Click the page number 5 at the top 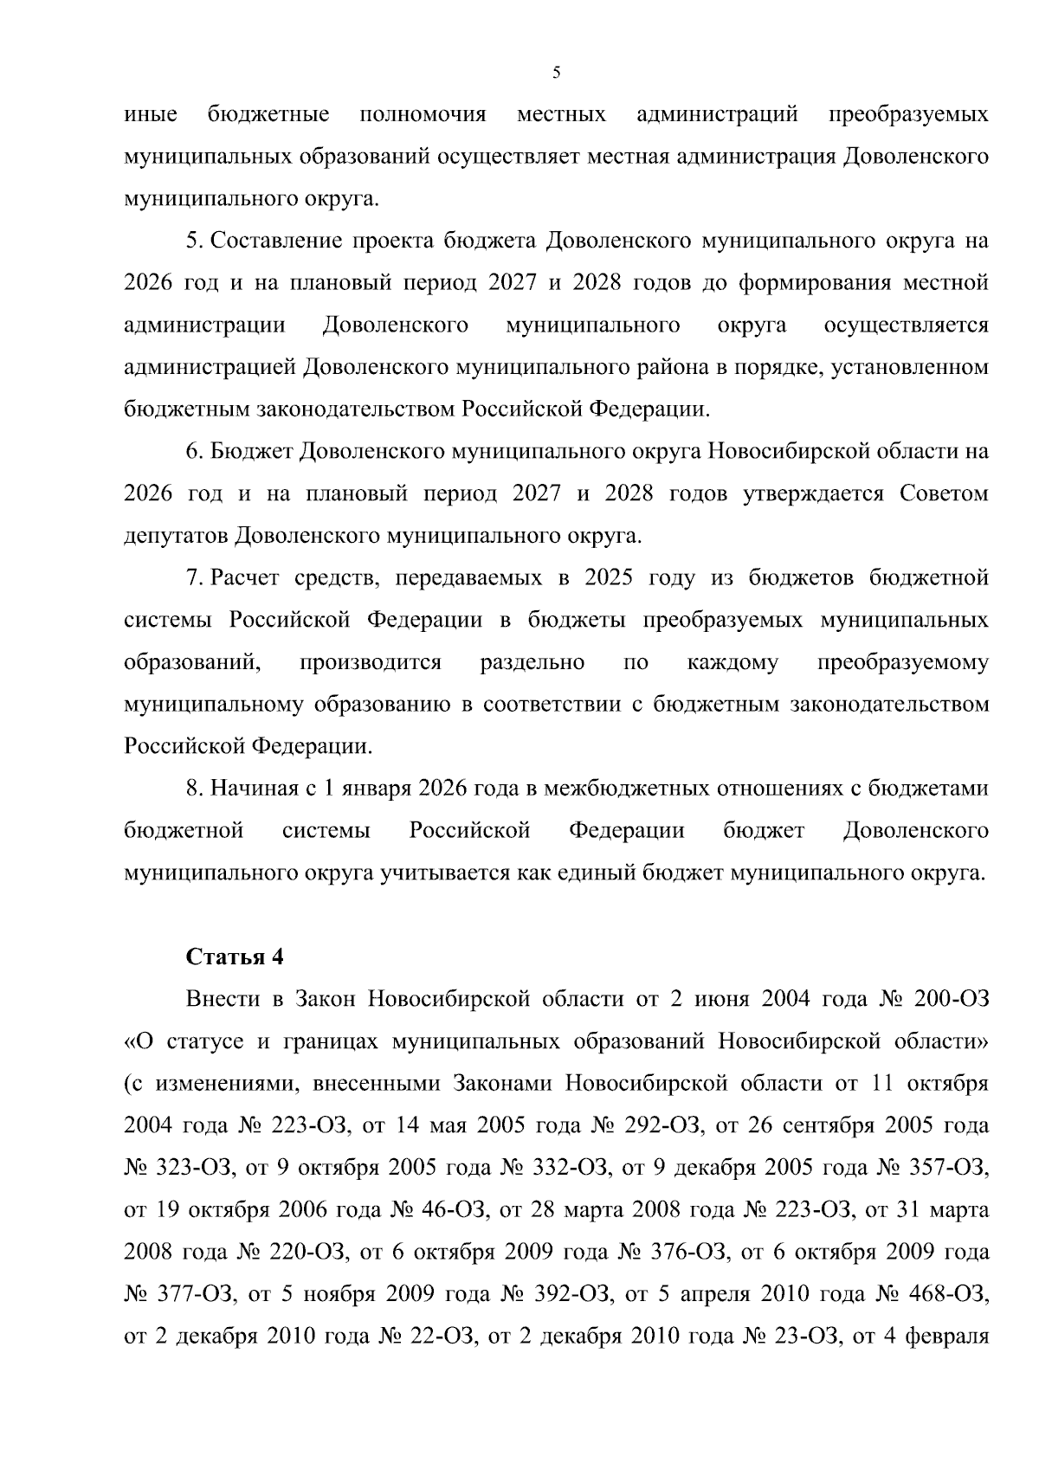[557, 73]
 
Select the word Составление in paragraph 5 [274, 242]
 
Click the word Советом [945, 493]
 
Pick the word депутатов [176, 536]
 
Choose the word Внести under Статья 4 [223, 999]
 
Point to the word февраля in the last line [946, 1337]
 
